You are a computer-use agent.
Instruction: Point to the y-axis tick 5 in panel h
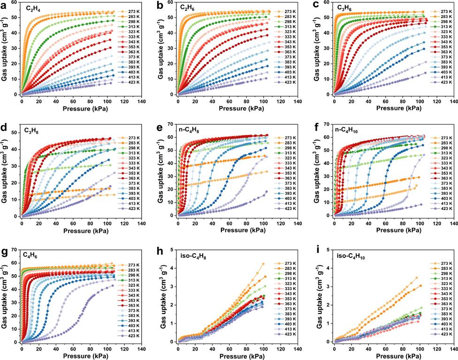coord(172,250)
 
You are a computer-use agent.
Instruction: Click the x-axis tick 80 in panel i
coord(402,348)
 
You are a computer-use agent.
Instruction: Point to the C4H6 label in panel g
coord(31,255)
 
